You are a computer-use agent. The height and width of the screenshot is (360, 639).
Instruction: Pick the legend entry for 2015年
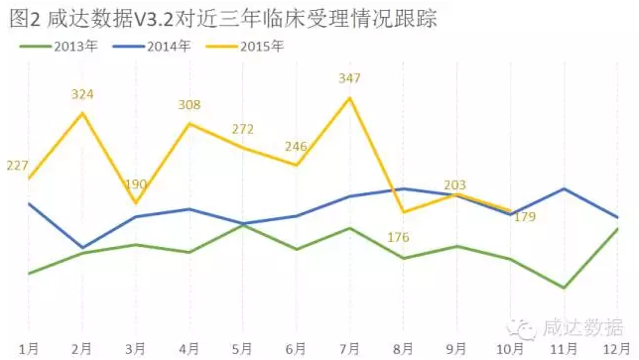(256, 46)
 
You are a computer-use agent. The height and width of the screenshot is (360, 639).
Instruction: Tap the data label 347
(349, 76)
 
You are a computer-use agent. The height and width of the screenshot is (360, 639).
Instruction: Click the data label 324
(82, 94)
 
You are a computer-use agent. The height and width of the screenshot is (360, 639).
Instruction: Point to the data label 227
(17, 166)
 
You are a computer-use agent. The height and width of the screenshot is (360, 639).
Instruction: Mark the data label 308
(190, 104)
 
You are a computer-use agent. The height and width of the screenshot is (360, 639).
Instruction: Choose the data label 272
(242, 129)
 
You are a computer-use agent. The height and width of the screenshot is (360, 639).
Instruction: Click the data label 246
(296, 147)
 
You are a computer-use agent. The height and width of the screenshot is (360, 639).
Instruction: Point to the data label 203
(454, 184)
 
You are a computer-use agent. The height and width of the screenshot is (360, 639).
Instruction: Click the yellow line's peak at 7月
(349, 97)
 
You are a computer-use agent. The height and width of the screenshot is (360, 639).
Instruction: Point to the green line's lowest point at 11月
(564, 288)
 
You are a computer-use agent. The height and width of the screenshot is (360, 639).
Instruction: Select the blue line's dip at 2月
(82, 247)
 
